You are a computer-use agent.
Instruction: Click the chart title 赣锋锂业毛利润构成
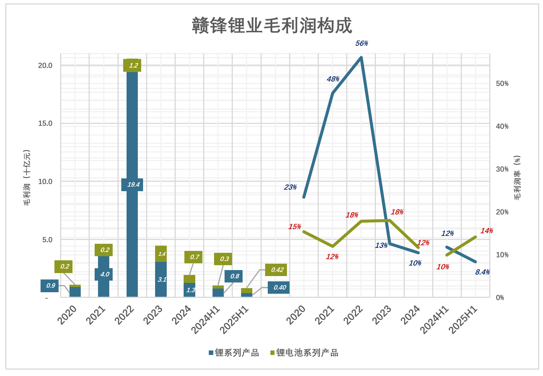[x=272, y=26]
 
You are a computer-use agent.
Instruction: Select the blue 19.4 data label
[x=132, y=184]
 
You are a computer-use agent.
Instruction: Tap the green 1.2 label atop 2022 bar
[x=132, y=65]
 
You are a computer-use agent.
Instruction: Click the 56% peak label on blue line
[x=362, y=44]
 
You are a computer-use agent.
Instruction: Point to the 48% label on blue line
[x=333, y=79]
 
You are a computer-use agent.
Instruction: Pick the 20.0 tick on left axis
[x=45, y=65]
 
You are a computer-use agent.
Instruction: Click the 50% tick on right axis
[x=502, y=83]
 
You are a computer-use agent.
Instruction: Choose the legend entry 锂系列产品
[x=234, y=353]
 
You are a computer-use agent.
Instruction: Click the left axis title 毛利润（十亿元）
[x=27, y=178]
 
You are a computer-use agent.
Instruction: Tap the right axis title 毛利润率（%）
[x=517, y=178]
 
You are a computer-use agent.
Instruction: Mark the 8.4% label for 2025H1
[x=482, y=272]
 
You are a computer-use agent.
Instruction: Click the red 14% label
[x=487, y=231]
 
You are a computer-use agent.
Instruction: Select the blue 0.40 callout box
[x=279, y=287]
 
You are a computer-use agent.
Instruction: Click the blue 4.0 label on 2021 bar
[x=104, y=274]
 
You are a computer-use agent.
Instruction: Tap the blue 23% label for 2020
[x=290, y=187]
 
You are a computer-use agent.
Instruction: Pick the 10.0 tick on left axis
[x=45, y=181]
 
